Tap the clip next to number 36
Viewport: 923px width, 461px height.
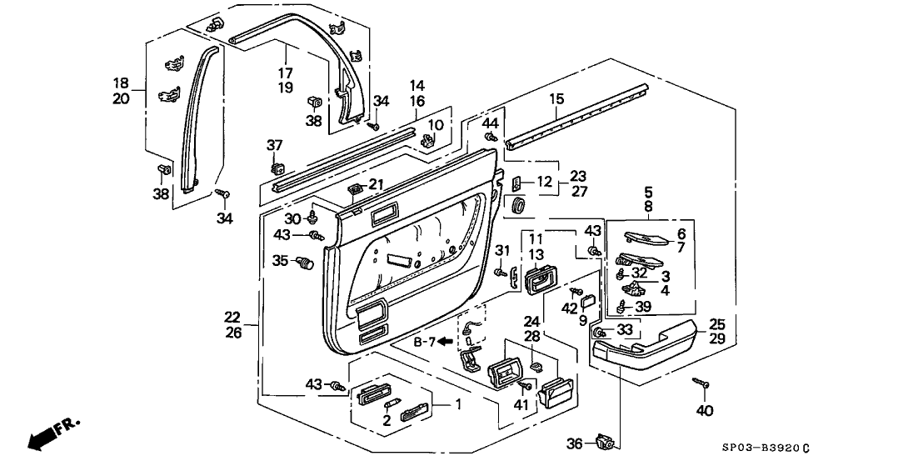(603, 439)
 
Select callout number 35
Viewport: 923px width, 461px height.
(281, 259)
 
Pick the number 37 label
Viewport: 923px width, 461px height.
(275, 145)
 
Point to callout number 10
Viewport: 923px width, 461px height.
(435, 125)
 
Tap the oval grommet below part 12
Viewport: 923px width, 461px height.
(519, 207)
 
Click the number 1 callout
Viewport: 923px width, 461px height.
(457, 405)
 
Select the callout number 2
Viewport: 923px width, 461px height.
(387, 420)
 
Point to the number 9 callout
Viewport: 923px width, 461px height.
(582, 321)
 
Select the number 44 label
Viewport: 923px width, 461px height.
(491, 123)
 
